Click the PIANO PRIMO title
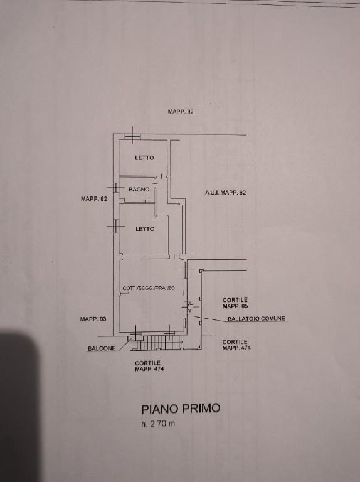tap(181, 409)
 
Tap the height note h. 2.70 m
tap(158, 424)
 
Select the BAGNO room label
tap(139, 190)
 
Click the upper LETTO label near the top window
tap(144, 158)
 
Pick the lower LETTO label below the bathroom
tap(145, 228)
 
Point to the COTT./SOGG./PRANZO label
tap(149, 288)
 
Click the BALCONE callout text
tap(102, 348)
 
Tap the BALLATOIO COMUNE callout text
tap(257, 318)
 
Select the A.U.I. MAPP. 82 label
tap(225, 193)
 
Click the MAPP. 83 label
tap(93, 319)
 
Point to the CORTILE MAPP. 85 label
tap(235, 303)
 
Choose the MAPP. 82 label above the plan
tap(181, 112)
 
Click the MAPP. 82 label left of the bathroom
tap(94, 198)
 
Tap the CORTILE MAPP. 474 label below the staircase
tap(149, 366)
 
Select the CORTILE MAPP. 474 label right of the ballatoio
tap(236, 345)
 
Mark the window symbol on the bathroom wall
tap(116, 187)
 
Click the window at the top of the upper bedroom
tap(133, 136)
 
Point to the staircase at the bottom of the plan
tap(157, 343)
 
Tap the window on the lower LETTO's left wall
tap(116, 226)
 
